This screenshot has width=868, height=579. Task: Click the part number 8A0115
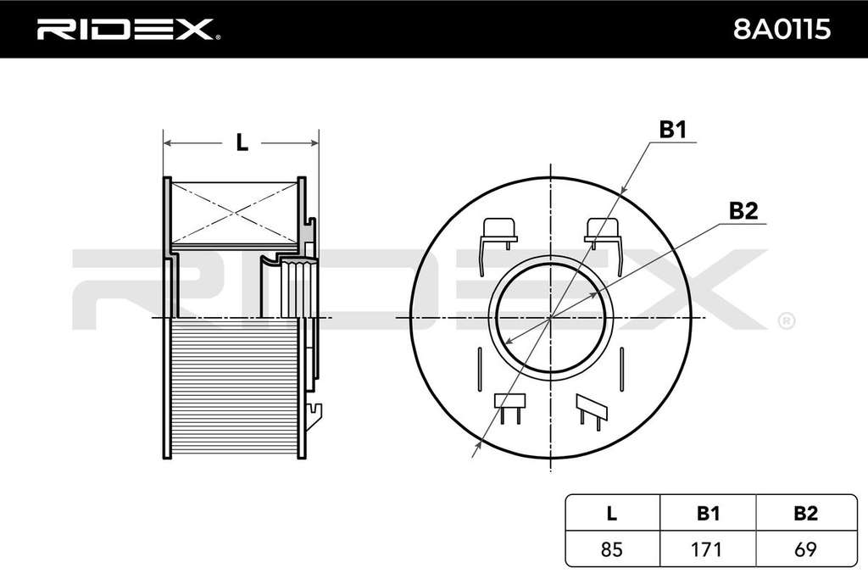[782, 30]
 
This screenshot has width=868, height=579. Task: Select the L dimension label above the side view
[242, 142]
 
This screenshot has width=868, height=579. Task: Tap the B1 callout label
[672, 130]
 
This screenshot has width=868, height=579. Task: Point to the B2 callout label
[743, 211]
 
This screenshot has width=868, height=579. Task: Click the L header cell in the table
[611, 513]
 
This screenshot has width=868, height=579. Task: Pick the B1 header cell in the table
[708, 513]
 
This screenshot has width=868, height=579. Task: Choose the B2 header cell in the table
[805, 513]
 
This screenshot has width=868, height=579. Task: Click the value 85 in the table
[611, 549]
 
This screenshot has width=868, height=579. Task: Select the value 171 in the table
[707, 549]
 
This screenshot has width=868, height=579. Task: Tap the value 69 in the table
[805, 549]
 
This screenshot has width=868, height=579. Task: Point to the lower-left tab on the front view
[509, 408]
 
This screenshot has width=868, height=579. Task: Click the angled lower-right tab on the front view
[591, 411]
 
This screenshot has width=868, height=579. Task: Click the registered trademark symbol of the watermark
[787, 321]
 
